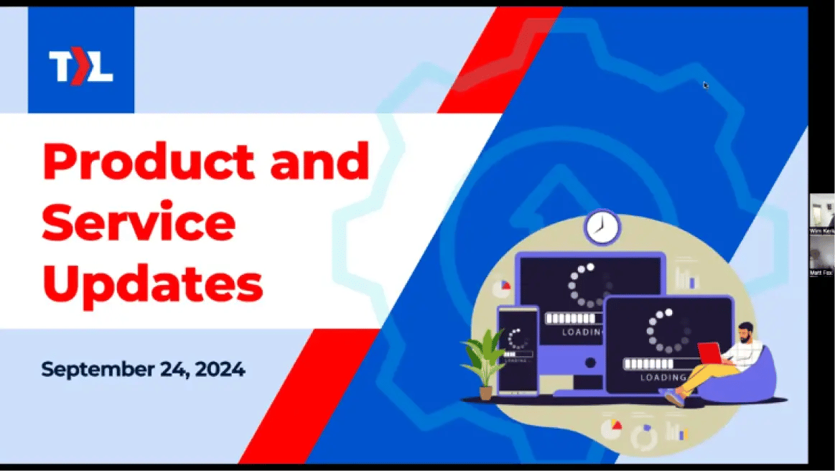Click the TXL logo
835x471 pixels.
[x=80, y=67]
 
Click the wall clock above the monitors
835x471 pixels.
[x=602, y=227]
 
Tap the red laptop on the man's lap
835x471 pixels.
[x=709, y=353]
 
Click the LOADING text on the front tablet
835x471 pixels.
[x=663, y=378]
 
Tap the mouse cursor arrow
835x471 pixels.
[x=706, y=85]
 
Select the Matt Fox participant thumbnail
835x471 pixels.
[x=821, y=254]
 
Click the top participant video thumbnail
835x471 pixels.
[x=821, y=213]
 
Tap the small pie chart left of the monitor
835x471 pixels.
[x=501, y=286]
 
